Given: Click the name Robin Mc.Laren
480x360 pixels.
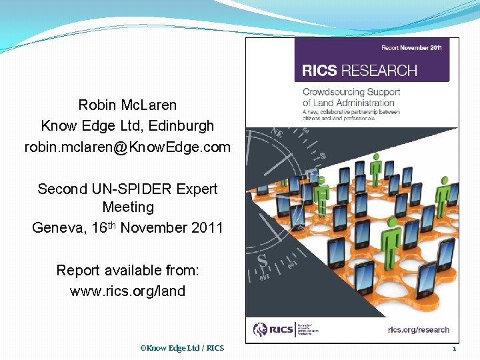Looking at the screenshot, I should coord(127,105).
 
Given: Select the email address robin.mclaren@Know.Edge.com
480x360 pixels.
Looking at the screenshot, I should coord(127,147).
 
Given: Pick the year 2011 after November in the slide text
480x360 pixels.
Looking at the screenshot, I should coord(205,227).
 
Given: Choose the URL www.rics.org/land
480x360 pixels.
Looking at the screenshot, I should coord(127,291).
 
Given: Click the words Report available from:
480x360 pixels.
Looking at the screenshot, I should coord(127,270).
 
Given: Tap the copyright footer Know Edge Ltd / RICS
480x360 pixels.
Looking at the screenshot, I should coord(182,348).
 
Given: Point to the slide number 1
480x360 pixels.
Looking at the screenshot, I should coord(454,348).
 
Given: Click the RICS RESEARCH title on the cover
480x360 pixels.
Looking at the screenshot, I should coord(359,71).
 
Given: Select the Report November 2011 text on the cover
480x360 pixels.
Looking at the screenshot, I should coord(411,48).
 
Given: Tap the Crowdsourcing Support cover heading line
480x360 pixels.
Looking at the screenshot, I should coord(351,92).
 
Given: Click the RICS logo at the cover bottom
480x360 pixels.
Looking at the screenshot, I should coord(269,329).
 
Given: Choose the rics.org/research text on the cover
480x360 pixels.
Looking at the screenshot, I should coord(419,329).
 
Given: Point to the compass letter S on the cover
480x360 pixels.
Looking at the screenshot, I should coord(262,258).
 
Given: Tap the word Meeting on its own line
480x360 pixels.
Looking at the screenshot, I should coord(128,207).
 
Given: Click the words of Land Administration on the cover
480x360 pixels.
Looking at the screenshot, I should coord(349,103).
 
